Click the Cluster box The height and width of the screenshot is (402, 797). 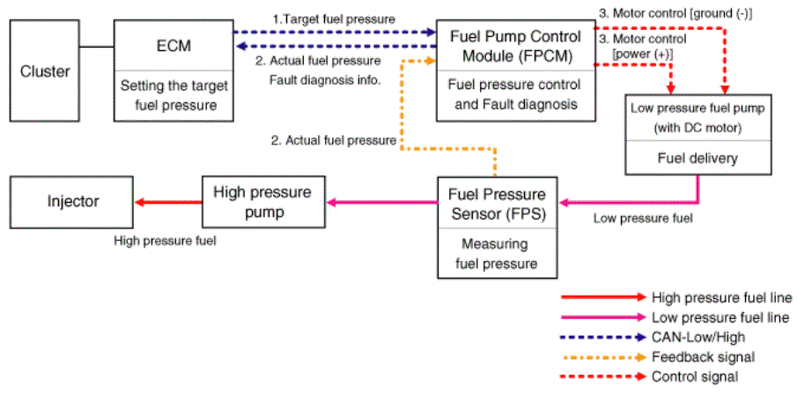45,71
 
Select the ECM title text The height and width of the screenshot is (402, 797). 173,46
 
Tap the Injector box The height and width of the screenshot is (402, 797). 71,202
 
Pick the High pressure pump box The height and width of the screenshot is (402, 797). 263,202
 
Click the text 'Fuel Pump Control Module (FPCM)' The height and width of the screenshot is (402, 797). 515,46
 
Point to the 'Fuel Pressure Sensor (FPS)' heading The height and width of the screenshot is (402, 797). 498,204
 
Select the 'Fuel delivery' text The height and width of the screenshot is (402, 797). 697,159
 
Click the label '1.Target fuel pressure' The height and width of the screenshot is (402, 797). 334,19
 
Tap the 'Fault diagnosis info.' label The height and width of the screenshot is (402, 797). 325,80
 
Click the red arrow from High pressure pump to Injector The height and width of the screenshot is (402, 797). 168,203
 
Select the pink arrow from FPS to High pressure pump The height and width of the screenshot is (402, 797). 382,203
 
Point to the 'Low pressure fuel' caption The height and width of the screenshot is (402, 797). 643,219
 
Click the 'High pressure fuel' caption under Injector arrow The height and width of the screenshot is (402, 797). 165,241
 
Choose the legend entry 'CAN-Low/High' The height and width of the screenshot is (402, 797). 697,337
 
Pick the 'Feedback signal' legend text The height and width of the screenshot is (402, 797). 703,357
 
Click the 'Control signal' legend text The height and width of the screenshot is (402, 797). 695,376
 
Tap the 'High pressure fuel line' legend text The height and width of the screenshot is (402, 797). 722,297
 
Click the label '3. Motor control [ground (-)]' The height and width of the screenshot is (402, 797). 675,14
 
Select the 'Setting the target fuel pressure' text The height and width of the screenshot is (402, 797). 174,96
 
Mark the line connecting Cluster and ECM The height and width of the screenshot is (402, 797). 97,48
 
